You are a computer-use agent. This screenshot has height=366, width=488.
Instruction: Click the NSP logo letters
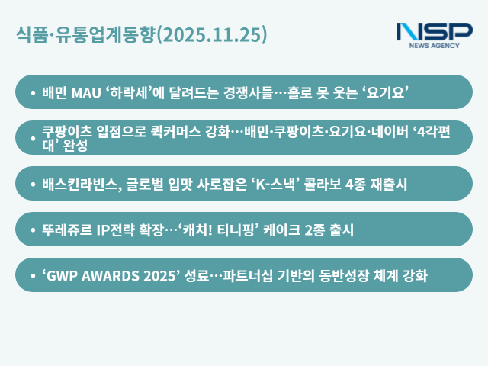click(x=434, y=31)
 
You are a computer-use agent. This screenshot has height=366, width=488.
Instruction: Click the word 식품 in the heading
click(x=30, y=34)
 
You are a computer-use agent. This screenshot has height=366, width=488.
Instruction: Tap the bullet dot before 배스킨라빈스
click(x=33, y=185)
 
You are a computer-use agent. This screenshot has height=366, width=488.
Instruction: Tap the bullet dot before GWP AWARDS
click(x=33, y=276)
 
